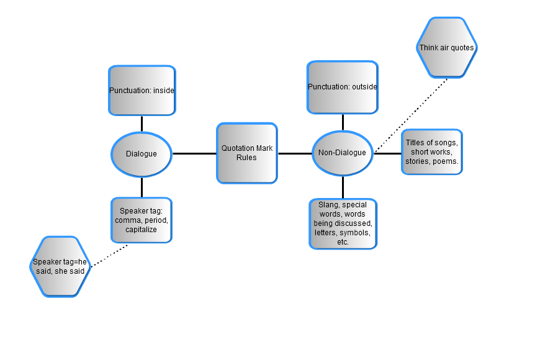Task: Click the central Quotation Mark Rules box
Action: click(246, 153)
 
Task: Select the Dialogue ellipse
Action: click(142, 153)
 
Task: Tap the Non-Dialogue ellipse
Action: click(342, 153)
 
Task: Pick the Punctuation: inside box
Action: click(142, 91)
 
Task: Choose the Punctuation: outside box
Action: click(342, 87)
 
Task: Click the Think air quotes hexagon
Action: click(446, 48)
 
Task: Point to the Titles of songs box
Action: click(432, 152)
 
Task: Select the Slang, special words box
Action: click(343, 223)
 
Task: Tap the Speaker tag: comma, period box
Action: click(142, 220)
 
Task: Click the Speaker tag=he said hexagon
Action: click(60, 266)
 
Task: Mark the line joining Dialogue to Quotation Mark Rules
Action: click(194, 153)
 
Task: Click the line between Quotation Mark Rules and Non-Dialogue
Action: click(294, 153)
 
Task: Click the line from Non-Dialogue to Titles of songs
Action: click(387, 153)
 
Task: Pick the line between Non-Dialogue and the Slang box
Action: click(343, 187)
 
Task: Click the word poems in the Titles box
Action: click(447, 161)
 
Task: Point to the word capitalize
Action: click(141, 229)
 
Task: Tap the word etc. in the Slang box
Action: click(343, 242)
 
